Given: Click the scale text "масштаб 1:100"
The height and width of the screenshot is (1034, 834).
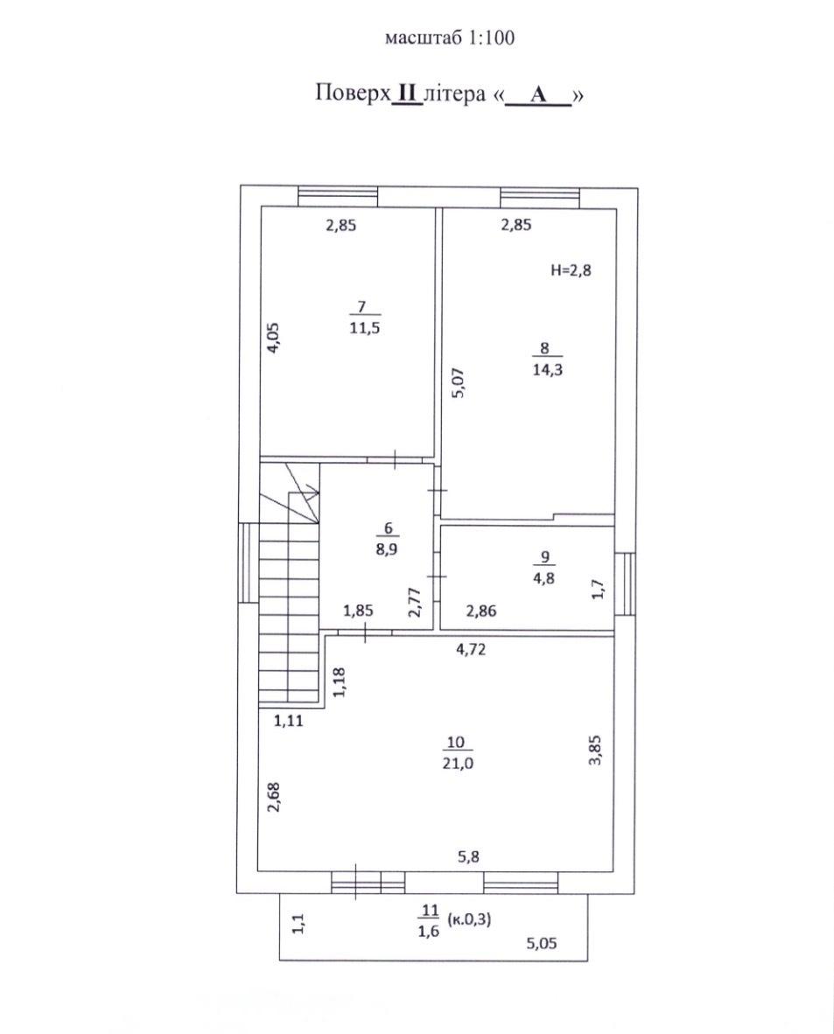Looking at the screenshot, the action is click(x=449, y=38).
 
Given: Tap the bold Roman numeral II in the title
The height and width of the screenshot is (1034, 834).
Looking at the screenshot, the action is click(x=406, y=94).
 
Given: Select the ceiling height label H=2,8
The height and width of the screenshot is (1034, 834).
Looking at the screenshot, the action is click(x=571, y=269).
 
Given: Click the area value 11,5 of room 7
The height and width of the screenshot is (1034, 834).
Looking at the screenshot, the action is click(x=365, y=328).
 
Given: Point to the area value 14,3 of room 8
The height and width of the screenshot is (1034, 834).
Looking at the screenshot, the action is click(x=547, y=369).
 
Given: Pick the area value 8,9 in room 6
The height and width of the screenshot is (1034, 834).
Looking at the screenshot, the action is click(x=388, y=548).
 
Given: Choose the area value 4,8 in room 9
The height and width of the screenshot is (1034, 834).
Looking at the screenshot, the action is click(x=543, y=578).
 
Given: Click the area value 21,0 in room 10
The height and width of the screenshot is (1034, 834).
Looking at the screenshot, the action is click(x=456, y=764).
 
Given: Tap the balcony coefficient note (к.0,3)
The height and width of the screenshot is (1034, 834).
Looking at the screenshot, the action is click(x=469, y=919).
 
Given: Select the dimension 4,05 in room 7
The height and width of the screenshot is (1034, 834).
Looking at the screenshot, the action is click(x=273, y=338).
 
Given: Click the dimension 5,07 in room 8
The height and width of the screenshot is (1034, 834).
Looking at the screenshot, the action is click(x=459, y=382).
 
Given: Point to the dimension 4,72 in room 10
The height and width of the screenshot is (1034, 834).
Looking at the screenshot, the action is click(x=471, y=649).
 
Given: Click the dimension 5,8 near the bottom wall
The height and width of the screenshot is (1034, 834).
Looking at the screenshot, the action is click(x=468, y=856).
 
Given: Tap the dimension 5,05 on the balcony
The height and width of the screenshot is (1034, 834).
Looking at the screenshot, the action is click(x=541, y=944).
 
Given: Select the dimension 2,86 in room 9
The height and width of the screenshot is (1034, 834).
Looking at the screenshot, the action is click(x=481, y=611).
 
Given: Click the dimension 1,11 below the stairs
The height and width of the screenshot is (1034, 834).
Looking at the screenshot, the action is click(x=288, y=721).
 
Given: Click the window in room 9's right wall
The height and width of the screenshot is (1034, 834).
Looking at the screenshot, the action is click(x=625, y=584).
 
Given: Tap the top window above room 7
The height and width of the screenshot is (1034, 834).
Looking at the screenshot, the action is click(x=338, y=197).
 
